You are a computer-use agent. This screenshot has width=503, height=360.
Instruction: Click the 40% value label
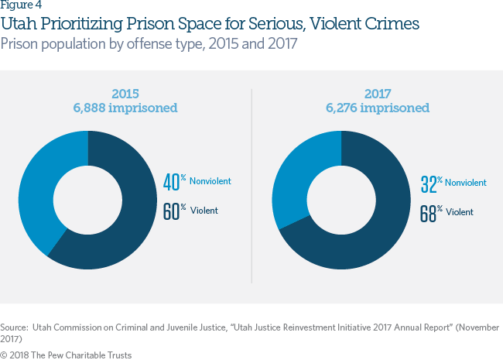175,182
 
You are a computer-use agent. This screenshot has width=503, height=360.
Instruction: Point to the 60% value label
175,211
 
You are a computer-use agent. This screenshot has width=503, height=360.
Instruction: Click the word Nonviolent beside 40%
210,181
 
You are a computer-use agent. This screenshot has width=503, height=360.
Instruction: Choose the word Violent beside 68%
460,212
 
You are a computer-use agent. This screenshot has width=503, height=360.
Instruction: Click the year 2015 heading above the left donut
125,94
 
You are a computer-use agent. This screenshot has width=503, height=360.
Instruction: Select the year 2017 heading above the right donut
378,94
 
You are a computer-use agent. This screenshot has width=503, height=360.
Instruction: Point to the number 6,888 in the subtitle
89,108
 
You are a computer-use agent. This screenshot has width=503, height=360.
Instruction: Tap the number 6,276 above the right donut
341,108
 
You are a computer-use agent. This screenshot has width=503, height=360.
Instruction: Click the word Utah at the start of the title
19,24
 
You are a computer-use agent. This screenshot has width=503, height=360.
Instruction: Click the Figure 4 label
21,5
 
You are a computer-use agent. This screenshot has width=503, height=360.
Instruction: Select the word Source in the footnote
14,327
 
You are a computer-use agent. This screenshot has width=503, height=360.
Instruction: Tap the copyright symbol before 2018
4,355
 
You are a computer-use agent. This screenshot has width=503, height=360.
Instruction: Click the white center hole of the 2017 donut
341,200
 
